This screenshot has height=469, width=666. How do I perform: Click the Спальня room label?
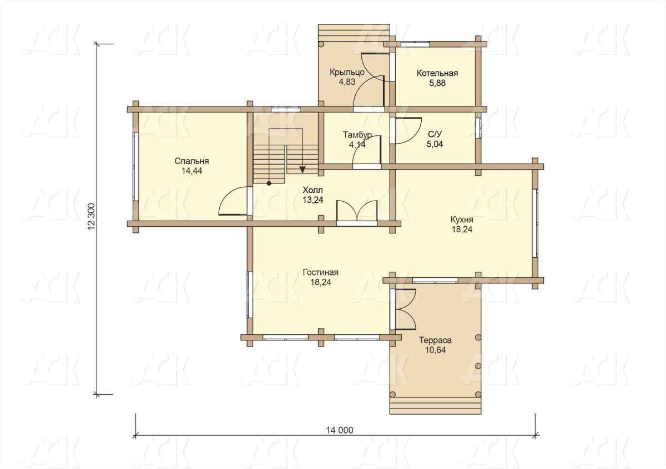[192, 161]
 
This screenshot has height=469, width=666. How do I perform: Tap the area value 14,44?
[192, 171]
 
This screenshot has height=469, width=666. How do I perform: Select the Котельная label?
[437, 73]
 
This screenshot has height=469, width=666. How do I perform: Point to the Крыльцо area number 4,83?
[347, 81]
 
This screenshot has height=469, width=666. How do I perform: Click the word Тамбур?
[357, 135]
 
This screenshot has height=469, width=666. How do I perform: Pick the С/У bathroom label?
[435, 134]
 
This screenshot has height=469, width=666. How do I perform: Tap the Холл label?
[312, 190]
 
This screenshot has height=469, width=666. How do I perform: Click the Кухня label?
[462, 220]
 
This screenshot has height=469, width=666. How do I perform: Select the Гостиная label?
[321, 272]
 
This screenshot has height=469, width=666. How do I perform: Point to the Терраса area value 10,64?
[435, 350]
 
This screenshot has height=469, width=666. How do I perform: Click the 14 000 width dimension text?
[340, 430]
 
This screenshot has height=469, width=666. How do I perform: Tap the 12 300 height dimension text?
[92, 216]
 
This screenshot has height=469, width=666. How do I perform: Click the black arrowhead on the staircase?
[302, 170]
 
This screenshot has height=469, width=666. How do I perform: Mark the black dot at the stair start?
[269, 183]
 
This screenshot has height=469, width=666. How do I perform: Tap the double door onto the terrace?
[405, 309]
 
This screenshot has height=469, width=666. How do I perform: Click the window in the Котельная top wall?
[415, 44]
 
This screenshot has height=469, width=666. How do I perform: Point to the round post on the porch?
[321, 44]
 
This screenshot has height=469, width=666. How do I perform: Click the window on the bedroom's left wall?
[135, 166]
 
